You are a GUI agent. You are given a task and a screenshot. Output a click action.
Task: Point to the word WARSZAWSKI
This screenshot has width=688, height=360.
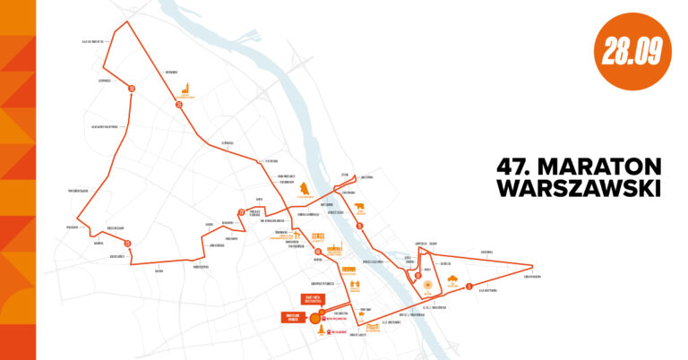579,189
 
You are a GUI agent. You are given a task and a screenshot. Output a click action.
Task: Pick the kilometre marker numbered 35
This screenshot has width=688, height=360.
179,105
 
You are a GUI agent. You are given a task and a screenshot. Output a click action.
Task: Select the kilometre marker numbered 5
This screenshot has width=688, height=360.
468,287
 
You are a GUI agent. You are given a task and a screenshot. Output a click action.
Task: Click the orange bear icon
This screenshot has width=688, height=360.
360,210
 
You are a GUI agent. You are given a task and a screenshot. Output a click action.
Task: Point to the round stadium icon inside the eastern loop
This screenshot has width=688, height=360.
427,288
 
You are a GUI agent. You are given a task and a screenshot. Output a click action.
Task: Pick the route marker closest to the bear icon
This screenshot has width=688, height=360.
359,227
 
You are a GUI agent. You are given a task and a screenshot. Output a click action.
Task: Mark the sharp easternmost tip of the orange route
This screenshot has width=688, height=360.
534,266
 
